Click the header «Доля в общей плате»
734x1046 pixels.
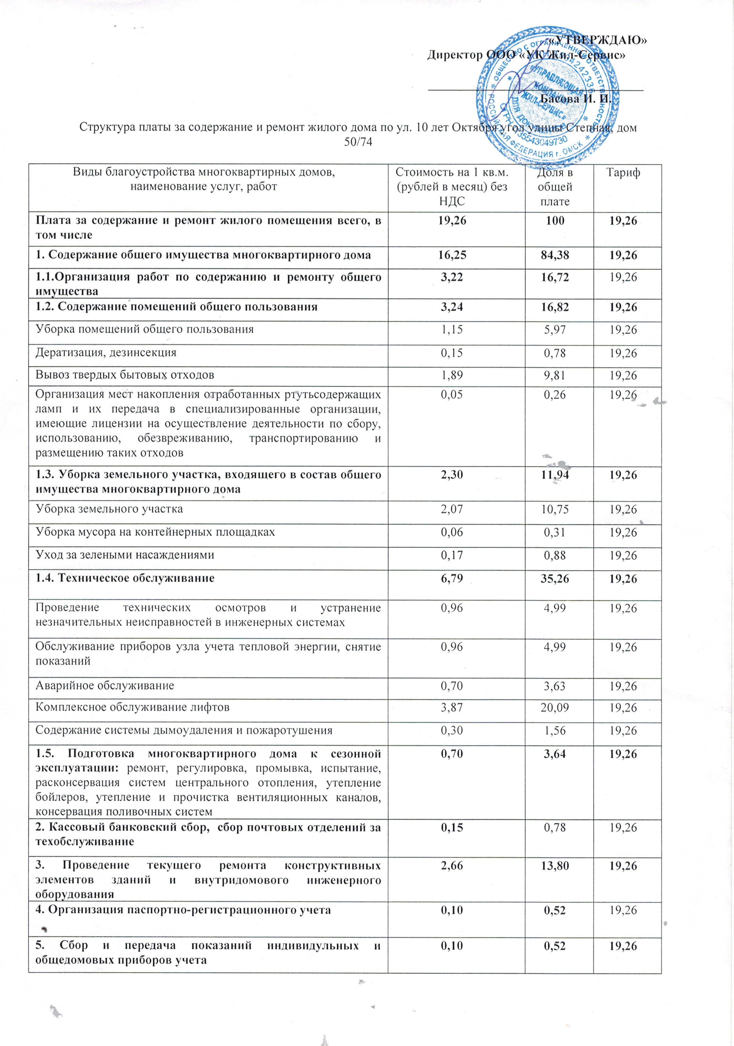[555, 187]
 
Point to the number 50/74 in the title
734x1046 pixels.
[358, 142]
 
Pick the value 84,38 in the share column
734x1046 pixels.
[555, 255]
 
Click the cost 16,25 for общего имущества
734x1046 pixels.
[452, 255]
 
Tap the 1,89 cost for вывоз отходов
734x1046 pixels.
[452, 375]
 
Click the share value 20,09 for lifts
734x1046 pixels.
[555, 707]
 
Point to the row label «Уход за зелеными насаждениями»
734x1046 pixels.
[125, 555]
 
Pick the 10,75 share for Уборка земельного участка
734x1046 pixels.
[555, 509]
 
